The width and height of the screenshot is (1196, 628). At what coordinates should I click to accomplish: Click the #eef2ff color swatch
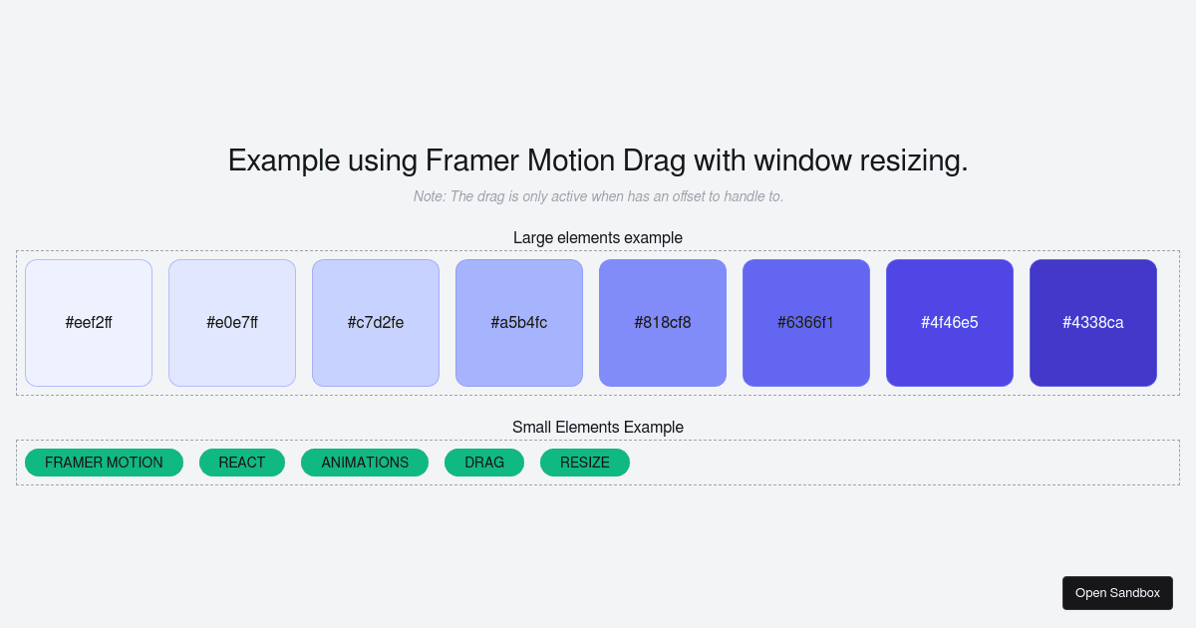tap(89, 323)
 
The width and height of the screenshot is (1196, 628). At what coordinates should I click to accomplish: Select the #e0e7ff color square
tap(232, 323)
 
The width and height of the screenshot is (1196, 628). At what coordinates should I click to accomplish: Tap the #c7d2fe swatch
tap(376, 323)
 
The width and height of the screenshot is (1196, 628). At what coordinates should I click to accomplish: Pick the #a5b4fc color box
tap(519, 323)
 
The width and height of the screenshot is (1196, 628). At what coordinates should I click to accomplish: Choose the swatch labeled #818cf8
tap(663, 323)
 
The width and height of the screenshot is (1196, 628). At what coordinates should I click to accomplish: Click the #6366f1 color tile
tap(806, 323)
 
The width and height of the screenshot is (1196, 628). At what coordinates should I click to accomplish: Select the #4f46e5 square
tap(950, 323)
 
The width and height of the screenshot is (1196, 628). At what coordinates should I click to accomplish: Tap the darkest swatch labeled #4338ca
tap(1093, 323)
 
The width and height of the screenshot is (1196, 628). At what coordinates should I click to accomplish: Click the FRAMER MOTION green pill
tap(104, 463)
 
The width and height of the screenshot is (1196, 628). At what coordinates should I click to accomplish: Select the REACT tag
tap(242, 463)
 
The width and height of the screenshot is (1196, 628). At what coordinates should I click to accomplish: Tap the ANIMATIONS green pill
tap(365, 463)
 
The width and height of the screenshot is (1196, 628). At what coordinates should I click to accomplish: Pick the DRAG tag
tap(484, 463)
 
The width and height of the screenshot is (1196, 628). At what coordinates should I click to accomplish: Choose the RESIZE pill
tap(585, 463)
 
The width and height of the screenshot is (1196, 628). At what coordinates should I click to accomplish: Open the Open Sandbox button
tap(1117, 593)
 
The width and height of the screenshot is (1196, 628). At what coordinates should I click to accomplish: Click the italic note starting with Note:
tap(598, 196)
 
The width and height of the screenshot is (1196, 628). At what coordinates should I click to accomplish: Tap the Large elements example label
tap(598, 237)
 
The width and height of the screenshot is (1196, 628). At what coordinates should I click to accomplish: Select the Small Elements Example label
tap(598, 427)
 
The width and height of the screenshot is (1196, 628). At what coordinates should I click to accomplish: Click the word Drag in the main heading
tap(655, 160)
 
